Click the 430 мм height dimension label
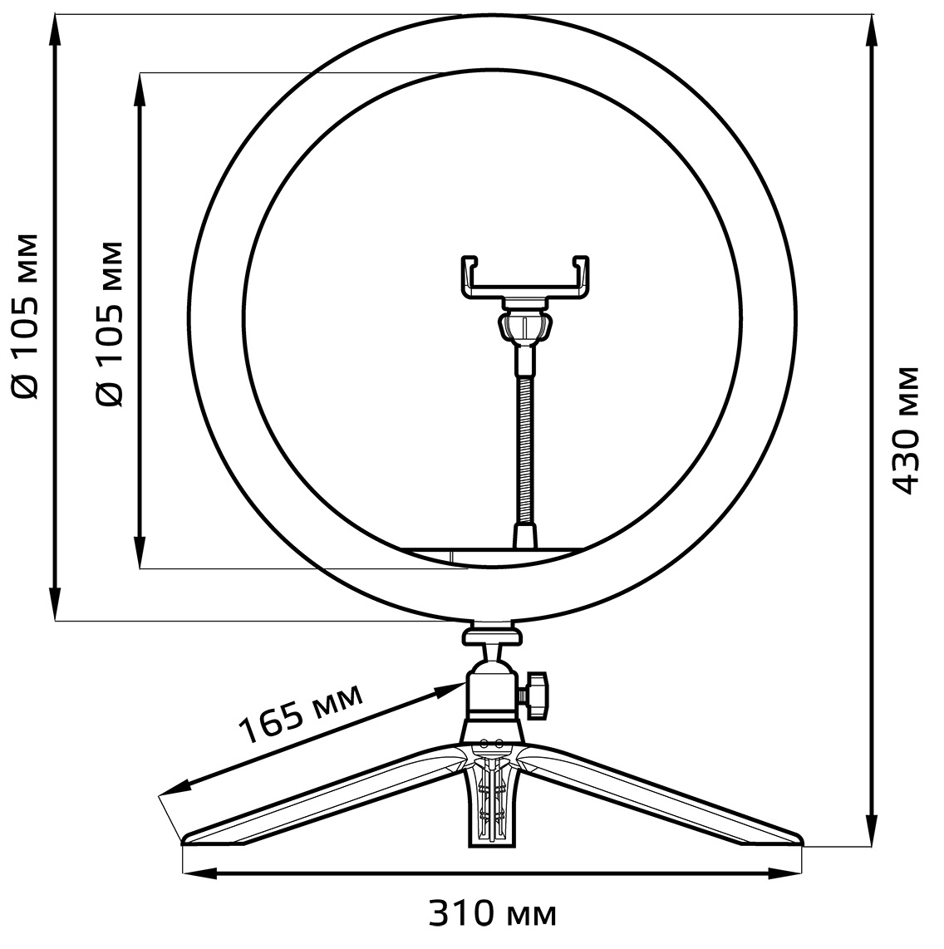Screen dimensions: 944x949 [x=906, y=430]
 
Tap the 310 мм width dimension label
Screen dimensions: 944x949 [x=492, y=913]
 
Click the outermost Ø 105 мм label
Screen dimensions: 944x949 [x=26, y=316]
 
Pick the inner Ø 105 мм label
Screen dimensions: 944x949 [x=111, y=324]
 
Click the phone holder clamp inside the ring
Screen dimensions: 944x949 [x=525, y=278]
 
